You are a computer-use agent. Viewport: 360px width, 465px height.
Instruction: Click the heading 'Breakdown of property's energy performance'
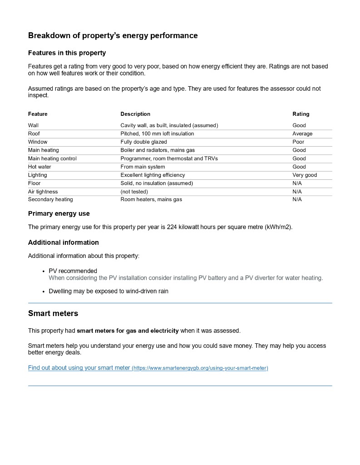[x=113, y=35]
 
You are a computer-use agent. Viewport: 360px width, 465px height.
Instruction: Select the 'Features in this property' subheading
[x=67, y=53]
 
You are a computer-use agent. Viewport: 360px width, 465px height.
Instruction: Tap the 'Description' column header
[x=135, y=114]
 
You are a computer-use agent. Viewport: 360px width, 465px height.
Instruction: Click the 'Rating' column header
[x=301, y=114]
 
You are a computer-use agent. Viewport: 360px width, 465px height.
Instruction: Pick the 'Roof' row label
[x=34, y=134]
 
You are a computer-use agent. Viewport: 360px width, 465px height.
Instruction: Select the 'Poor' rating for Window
[x=298, y=142]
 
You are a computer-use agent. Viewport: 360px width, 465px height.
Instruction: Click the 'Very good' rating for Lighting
[x=305, y=175]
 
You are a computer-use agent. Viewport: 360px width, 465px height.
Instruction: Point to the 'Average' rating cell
[x=302, y=134]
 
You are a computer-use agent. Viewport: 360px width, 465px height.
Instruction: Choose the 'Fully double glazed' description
[x=143, y=142]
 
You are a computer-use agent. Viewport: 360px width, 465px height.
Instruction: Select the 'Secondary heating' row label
[x=50, y=199]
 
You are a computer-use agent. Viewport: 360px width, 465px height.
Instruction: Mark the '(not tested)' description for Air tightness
[x=134, y=192]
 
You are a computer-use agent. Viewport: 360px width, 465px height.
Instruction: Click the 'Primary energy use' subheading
[x=59, y=213]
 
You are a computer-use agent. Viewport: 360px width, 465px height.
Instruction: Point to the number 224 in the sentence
[x=172, y=227]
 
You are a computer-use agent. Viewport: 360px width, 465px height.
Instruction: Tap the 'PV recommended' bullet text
[x=73, y=271]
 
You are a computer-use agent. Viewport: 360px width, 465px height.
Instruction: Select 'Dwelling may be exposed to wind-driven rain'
[x=108, y=291]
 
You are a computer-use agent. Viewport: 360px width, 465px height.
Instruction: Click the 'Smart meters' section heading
[x=53, y=313]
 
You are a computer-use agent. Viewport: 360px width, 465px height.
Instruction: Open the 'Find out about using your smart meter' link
[x=79, y=368]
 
